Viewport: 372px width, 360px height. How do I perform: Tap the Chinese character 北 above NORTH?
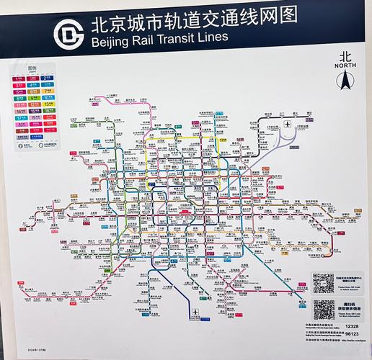[x=346, y=55]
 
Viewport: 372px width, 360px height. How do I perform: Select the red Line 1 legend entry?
[x=19, y=77]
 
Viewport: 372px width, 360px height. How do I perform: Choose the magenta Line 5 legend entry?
[x=19, y=91]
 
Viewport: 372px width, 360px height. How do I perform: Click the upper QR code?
[x=323, y=282]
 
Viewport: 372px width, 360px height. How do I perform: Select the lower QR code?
[x=323, y=310]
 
